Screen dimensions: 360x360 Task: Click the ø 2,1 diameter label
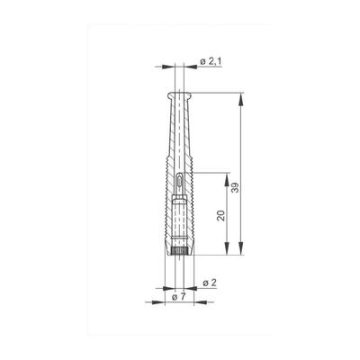[211, 62]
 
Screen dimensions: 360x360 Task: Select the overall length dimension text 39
[237, 187]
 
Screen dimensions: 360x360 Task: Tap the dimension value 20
[221, 216]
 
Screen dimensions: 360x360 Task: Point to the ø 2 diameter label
[210, 283]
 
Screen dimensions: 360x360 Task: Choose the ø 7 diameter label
[179, 297]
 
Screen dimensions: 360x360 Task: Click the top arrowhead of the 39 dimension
[240, 99]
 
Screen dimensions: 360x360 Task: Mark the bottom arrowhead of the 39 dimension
[240, 248]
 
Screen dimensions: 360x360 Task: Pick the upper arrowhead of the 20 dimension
[227, 179]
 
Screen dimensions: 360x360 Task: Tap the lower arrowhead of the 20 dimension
[227, 248]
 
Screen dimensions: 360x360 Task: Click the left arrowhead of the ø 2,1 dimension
[168, 67]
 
